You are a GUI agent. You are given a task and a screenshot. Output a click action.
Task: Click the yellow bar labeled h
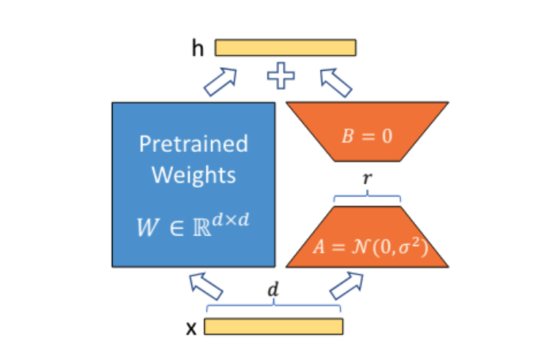(285, 47)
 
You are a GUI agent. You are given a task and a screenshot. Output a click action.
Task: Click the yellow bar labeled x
(273, 326)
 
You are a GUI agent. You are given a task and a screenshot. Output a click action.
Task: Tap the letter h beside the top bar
(198, 48)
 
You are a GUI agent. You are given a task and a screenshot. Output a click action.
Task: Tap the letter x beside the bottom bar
(191, 329)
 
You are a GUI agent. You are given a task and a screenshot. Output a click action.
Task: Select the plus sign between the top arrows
(281, 75)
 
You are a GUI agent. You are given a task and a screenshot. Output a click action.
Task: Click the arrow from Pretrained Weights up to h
(221, 82)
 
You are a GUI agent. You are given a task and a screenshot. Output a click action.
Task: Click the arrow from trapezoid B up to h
(336, 83)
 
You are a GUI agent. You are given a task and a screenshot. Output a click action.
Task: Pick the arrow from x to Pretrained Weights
(206, 286)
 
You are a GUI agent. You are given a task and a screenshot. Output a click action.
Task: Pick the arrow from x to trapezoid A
(346, 286)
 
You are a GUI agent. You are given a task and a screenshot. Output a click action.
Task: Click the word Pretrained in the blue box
(193, 144)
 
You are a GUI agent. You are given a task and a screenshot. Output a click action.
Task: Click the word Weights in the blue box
(194, 175)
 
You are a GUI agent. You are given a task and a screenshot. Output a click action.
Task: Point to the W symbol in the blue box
(148, 227)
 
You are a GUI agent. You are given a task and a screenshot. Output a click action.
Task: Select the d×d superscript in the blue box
(231, 220)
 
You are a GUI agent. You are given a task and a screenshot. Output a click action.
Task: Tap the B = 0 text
(368, 136)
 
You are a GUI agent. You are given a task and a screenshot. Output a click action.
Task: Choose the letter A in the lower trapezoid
(319, 247)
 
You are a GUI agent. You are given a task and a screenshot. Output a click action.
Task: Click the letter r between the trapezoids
(368, 178)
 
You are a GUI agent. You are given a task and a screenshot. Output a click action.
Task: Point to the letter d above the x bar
(273, 289)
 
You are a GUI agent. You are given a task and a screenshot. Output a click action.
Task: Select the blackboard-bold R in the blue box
(202, 228)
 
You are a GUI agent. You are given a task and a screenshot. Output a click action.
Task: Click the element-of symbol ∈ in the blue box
(177, 229)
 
